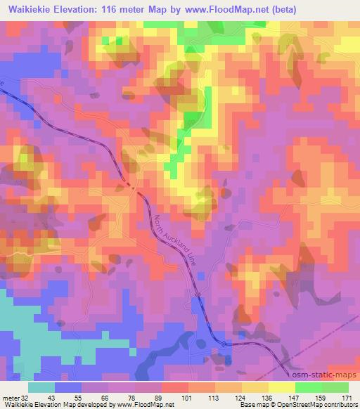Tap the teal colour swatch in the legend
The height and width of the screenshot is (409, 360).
(x=41, y=387)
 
